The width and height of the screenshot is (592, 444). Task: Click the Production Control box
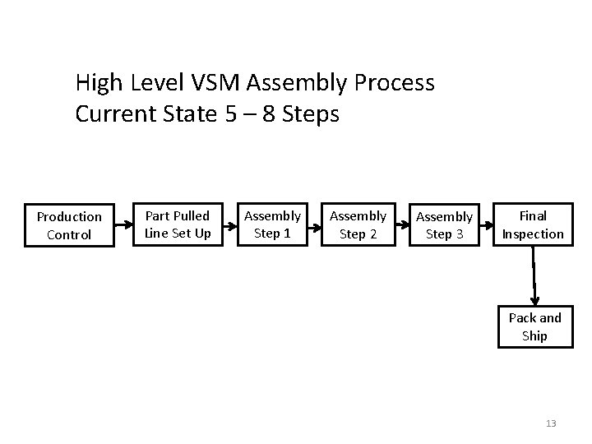point(69,225)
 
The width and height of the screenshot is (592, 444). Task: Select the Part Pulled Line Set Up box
point(178,224)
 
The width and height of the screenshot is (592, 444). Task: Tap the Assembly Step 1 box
point(272,224)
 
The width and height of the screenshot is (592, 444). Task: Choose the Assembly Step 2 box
point(358,224)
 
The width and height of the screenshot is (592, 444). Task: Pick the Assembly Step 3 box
point(444,225)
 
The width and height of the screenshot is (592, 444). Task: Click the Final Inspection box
point(533,224)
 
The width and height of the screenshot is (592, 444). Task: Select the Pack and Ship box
point(534,326)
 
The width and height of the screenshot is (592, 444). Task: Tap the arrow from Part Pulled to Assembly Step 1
point(227,221)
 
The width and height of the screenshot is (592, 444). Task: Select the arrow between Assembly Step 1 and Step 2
point(315,221)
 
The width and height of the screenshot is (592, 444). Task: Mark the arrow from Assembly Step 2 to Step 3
point(400,221)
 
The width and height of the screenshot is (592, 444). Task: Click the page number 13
point(551,423)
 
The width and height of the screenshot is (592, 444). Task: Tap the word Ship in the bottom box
point(534,335)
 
